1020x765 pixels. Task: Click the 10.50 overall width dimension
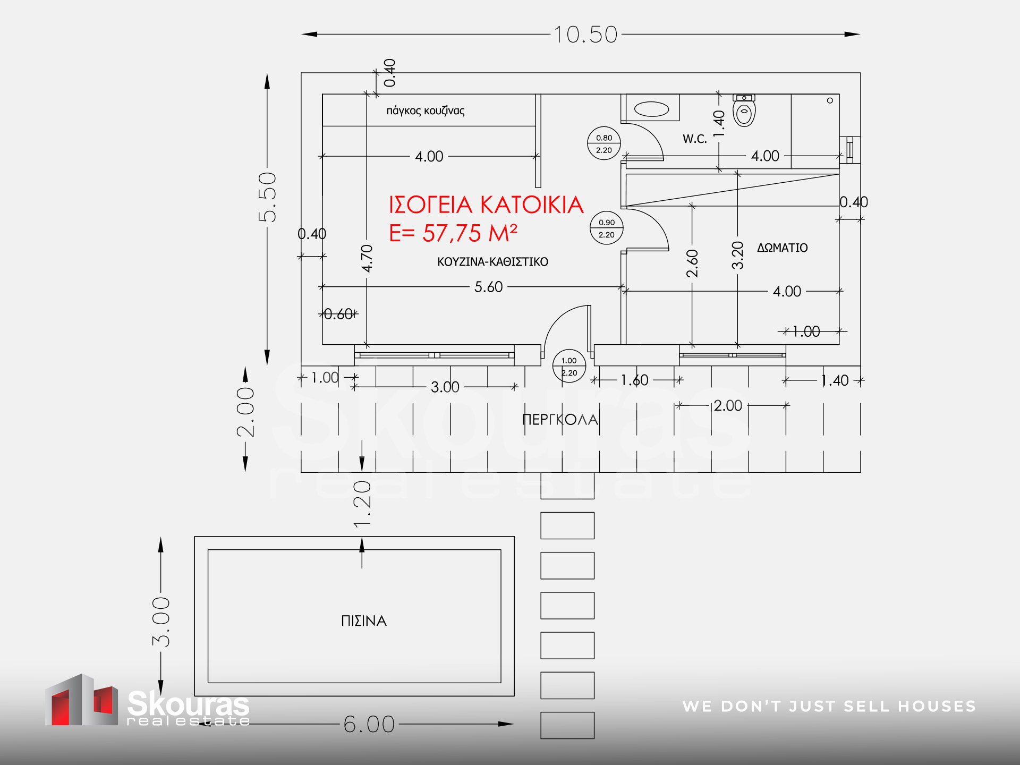(585, 35)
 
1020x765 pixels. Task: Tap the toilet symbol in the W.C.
(744, 110)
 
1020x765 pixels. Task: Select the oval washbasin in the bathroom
(651, 109)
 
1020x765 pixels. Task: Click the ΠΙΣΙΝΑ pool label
(364, 620)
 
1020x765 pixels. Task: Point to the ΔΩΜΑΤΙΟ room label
(782, 248)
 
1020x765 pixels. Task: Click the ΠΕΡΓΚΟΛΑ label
(560, 420)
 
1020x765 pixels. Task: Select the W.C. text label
(695, 139)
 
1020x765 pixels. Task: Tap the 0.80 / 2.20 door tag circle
(604, 143)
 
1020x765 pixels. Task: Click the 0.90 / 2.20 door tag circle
(607, 228)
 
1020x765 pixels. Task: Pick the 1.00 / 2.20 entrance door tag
(569, 367)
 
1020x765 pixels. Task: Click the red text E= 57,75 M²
(453, 233)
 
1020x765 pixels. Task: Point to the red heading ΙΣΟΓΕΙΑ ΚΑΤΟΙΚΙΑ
(486, 205)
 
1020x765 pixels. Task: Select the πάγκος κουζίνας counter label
(426, 110)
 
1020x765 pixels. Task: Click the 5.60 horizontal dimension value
(488, 287)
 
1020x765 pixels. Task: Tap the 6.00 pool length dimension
(369, 724)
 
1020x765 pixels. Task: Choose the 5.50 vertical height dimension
(267, 197)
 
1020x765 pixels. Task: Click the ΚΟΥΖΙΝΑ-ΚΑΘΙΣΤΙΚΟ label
(492, 262)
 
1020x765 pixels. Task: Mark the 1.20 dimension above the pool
(362, 504)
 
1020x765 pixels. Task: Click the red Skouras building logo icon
(81, 700)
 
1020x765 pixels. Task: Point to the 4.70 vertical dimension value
(367, 258)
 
